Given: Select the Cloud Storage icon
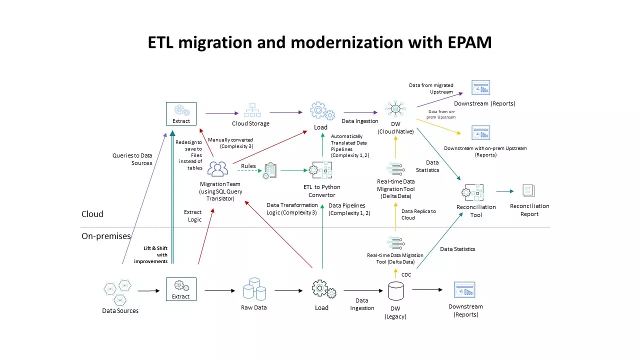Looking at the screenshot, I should click(252, 110).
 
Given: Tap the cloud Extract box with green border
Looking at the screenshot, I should click(181, 113).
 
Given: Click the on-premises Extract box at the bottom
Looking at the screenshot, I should click(181, 289).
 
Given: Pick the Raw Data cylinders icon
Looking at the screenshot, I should click(254, 289).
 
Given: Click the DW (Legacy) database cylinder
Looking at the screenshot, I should click(395, 291).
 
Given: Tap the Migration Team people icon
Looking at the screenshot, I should click(217, 169).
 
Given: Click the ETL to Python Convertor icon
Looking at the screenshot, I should click(319, 170).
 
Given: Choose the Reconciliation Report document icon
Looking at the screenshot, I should click(528, 190).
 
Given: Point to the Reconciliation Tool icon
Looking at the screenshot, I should click(473, 192).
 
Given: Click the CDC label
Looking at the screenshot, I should click(406, 274).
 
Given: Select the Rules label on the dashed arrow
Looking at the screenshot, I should click(248, 166).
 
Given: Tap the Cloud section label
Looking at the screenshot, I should click(92, 214).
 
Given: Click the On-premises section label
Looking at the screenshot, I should click(106, 236).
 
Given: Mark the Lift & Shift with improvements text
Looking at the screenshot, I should click(150, 254).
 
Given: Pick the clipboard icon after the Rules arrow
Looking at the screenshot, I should click(270, 170).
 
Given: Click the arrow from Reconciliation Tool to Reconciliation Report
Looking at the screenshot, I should click(504, 191).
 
